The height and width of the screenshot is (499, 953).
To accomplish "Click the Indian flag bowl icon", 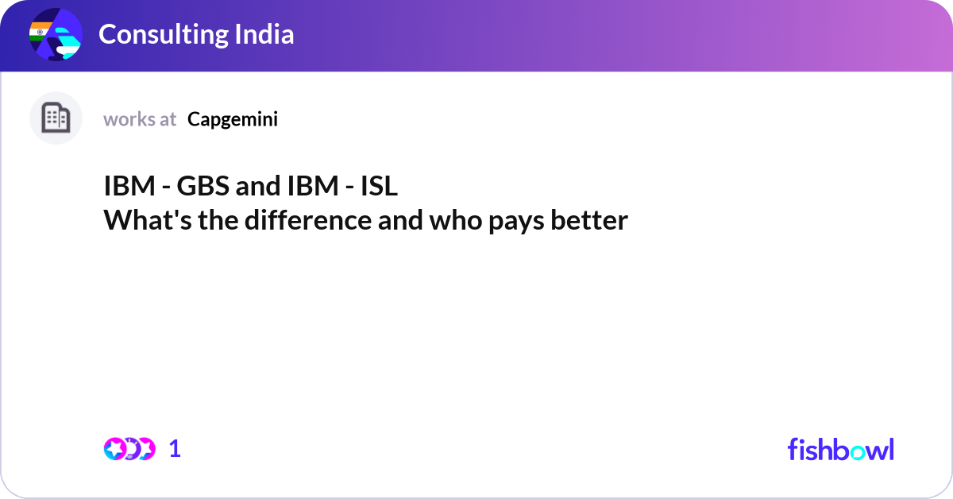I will (x=55, y=36).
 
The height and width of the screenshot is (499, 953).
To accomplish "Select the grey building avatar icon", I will (x=56, y=118).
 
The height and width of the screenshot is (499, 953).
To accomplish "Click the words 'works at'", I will (x=140, y=119).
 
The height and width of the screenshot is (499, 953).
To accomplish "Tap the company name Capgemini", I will (x=233, y=119).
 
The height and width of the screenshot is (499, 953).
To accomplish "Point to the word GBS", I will (x=201, y=188).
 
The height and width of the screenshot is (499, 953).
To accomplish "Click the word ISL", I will (x=379, y=188).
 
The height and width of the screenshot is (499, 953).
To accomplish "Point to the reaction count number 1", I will (x=175, y=449).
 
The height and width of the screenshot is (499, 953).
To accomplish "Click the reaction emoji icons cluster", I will (x=129, y=449).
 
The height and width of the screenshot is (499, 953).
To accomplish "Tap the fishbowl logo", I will (x=840, y=449).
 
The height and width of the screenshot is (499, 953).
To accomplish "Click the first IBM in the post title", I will (x=129, y=188).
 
